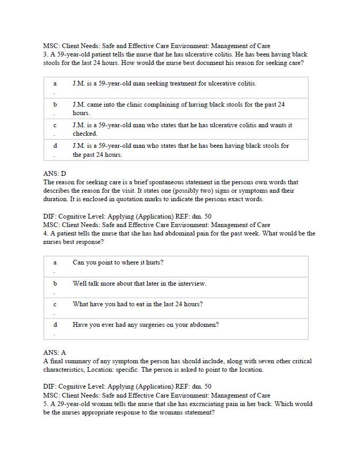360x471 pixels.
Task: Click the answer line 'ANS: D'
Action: pyautogui.click(x=54, y=173)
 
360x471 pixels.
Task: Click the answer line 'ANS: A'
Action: pyautogui.click(x=54, y=352)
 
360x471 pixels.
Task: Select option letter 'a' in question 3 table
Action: pyautogui.click(x=55, y=83)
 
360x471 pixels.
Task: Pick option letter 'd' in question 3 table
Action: pyautogui.click(x=55, y=146)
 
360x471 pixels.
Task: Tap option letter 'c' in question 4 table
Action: pyautogui.click(x=55, y=304)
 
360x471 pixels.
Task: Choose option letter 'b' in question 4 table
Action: pyautogui.click(x=55, y=284)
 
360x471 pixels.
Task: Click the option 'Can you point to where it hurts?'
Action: pyautogui.click(x=118, y=262)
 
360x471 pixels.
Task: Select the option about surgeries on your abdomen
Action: pyautogui.click(x=146, y=325)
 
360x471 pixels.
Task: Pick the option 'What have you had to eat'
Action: pyautogui.click(x=137, y=304)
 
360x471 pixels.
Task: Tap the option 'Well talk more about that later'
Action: pyautogui.click(x=139, y=284)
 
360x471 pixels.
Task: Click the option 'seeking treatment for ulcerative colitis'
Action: pyautogui.click(x=164, y=83)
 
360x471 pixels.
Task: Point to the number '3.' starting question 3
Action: pyautogui.click(x=46, y=54)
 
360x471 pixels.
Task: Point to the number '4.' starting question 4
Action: pyautogui.click(x=46, y=233)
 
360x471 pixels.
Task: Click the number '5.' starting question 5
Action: pyautogui.click(x=46, y=404)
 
